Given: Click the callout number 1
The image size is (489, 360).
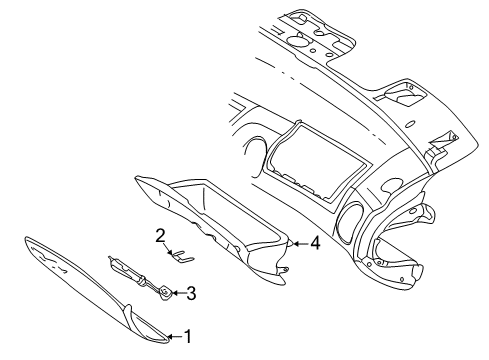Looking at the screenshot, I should [185, 338].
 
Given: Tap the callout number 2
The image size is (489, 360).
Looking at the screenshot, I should [159, 236].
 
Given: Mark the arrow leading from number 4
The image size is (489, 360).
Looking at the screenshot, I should [298, 242].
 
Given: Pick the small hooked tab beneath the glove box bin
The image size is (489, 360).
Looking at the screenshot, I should [285, 268].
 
